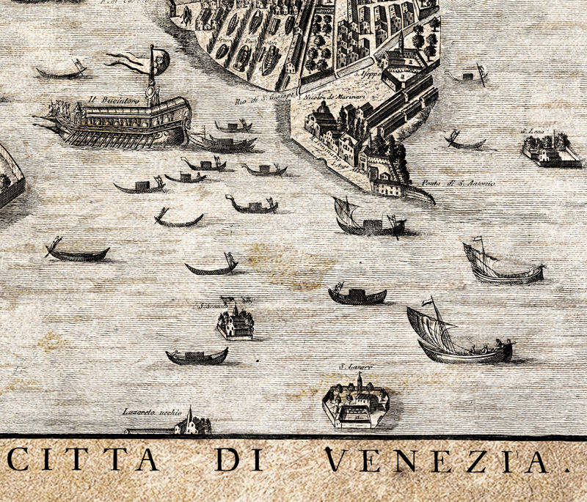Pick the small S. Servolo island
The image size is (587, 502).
[x=235, y=322]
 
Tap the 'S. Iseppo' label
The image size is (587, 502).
[x=365, y=75]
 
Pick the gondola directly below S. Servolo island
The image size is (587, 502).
[x=197, y=357]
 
